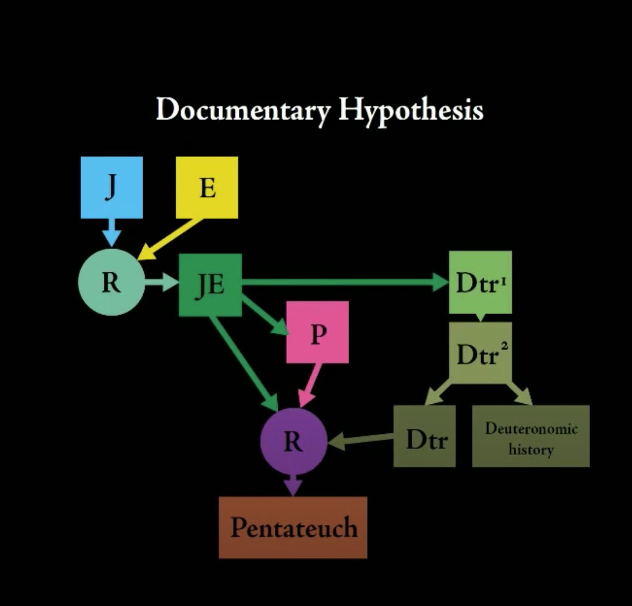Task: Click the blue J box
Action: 111,187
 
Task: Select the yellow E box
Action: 207,187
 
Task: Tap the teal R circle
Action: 111,284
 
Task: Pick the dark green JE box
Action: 210,284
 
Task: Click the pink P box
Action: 317,332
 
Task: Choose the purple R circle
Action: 293,442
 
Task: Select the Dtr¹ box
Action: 480,282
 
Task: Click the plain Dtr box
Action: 424,436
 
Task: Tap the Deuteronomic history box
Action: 531,436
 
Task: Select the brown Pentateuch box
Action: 293,527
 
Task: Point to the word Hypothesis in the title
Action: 411,110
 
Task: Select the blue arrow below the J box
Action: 111,233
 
